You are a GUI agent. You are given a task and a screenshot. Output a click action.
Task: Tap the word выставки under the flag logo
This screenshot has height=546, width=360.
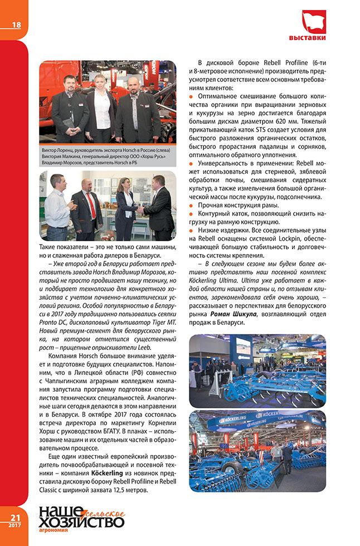point(315,38)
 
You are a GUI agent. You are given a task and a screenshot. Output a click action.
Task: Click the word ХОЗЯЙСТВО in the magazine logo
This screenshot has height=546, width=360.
point(81,522)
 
